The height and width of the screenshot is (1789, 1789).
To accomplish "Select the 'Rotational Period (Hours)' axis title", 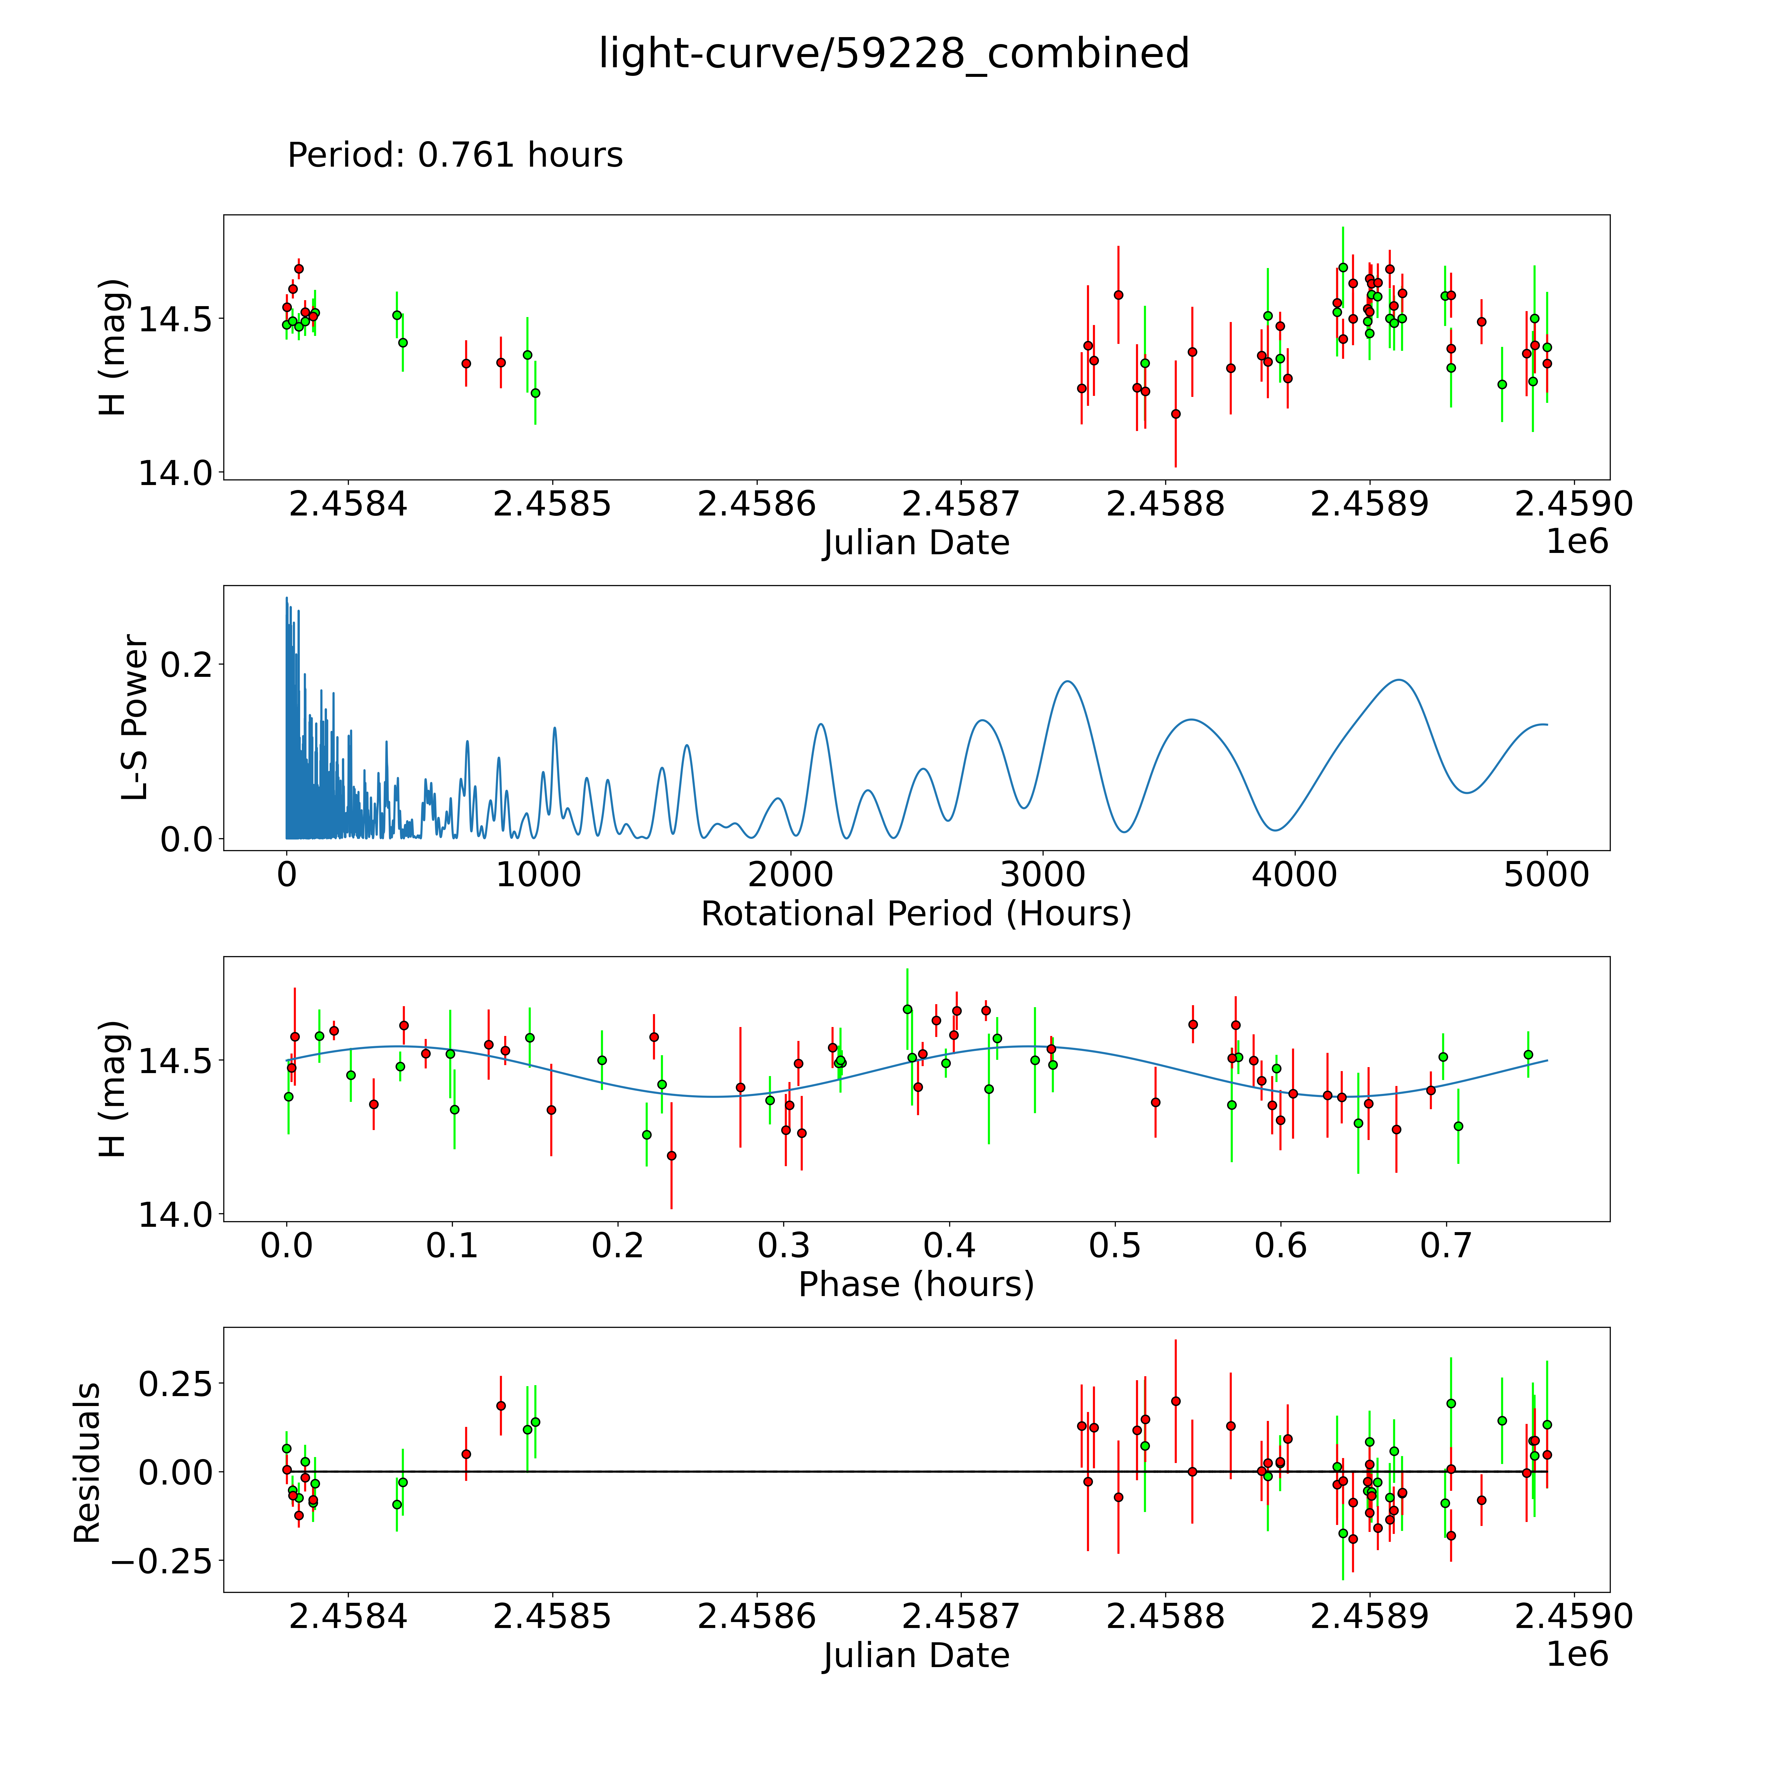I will click(x=916, y=914).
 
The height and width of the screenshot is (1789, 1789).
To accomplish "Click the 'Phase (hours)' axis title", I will click(x=916, y=1284).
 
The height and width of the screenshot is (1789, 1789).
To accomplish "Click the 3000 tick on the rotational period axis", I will click(x=1043, y=874).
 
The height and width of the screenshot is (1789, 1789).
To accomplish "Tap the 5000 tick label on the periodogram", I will click(x=1546, y=874).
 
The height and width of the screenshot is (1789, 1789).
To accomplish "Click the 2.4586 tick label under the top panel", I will click(x=757, y=505).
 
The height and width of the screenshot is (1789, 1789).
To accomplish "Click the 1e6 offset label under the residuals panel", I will click(x=1577, y=1654).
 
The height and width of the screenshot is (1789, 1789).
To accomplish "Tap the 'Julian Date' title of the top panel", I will click(x=916, y=543).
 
